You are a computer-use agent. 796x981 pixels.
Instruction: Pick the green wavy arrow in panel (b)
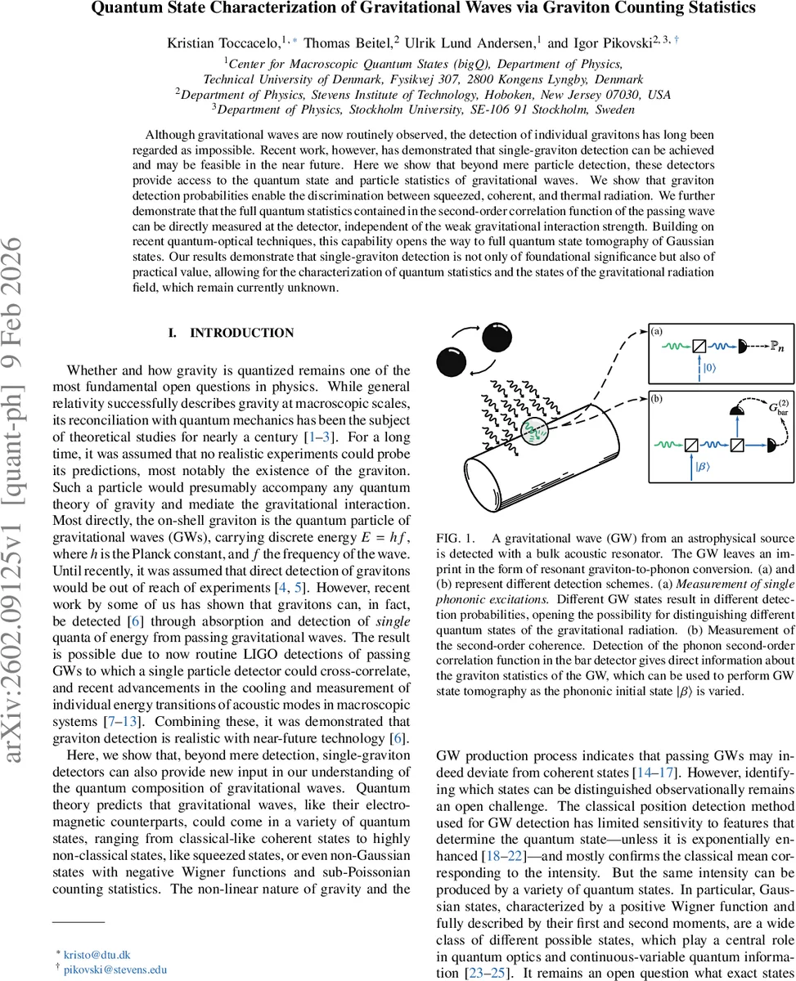tap(668, 445)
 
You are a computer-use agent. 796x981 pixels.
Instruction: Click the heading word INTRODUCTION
tap(241, 334)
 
